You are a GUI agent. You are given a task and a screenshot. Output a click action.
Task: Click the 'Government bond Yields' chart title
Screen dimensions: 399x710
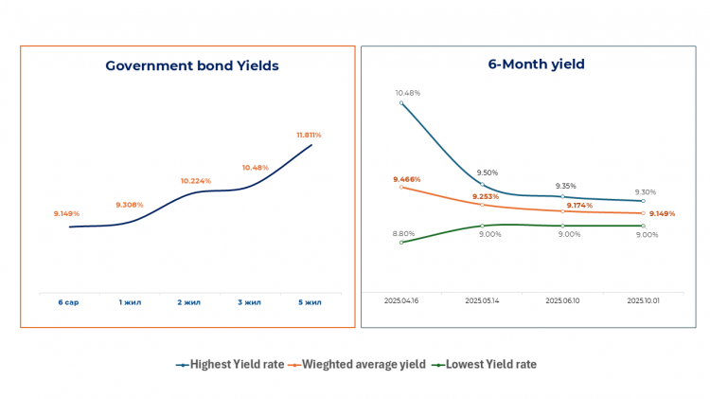point(192,65)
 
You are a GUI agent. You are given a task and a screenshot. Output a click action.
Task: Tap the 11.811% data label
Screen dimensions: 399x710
point(309,136)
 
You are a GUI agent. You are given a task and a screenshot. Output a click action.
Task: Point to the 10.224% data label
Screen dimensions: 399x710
point(196,180)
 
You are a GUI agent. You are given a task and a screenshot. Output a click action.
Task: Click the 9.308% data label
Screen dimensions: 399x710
point(130,205)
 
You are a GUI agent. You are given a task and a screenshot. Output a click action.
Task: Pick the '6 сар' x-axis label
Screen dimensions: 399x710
point(68,302)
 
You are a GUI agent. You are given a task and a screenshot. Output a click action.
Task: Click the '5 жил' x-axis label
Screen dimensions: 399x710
point(310,302)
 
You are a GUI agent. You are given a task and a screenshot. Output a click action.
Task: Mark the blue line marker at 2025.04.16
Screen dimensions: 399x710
point(402,102)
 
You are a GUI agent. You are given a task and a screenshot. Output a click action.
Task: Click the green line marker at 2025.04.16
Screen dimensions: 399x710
point(402,242)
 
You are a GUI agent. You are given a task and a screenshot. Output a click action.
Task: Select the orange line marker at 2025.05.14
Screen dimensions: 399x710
point(483,205)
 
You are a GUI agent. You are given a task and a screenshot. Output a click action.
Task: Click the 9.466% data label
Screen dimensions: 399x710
point(407,179)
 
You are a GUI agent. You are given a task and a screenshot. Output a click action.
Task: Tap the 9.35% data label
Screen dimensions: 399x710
point(566,186)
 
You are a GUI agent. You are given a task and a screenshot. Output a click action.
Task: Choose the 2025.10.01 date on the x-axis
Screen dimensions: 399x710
point(645,300)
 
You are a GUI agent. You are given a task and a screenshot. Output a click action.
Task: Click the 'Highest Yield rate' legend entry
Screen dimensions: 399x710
point(230,364)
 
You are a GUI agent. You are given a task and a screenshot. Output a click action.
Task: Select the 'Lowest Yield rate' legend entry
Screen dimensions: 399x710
point(484,364)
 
